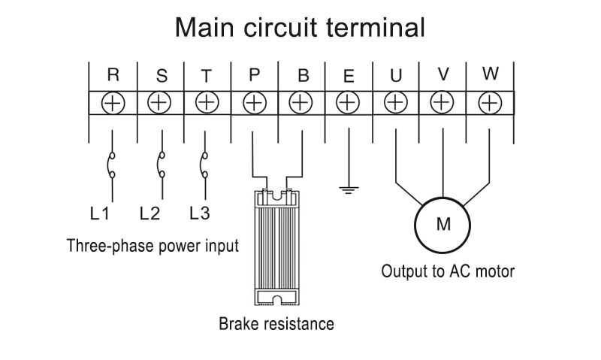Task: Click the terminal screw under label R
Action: (113, 103)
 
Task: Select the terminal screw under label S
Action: (159, 103)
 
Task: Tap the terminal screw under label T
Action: (206, 103)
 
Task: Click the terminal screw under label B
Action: (300, 103)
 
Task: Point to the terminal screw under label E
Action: (348, 103)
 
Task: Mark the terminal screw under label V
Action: (442, 103)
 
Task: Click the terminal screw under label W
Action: (489, 103)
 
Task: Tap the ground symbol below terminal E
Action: (348, 189)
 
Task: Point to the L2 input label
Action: (149, 213)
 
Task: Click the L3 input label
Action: (199, 213)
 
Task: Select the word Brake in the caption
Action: (239, 325)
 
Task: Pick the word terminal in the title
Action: (377, 28)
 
